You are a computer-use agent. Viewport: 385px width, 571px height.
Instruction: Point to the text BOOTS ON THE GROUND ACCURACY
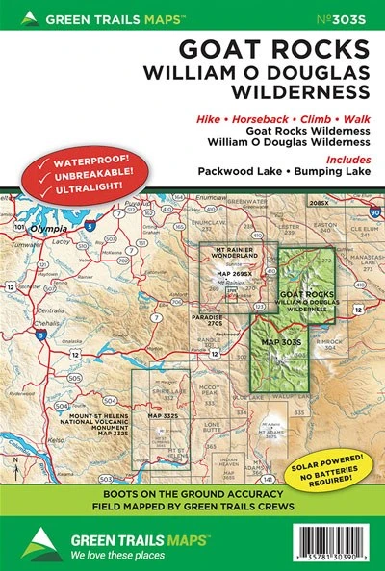click(192, 491)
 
